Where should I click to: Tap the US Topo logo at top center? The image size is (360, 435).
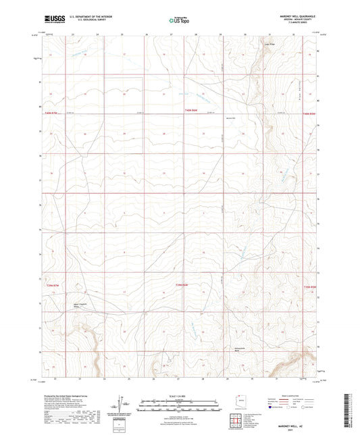pyautogui.click(x=179, y=21)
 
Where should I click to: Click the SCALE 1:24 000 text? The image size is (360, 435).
pyautogui.click(x=180, y=395)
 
